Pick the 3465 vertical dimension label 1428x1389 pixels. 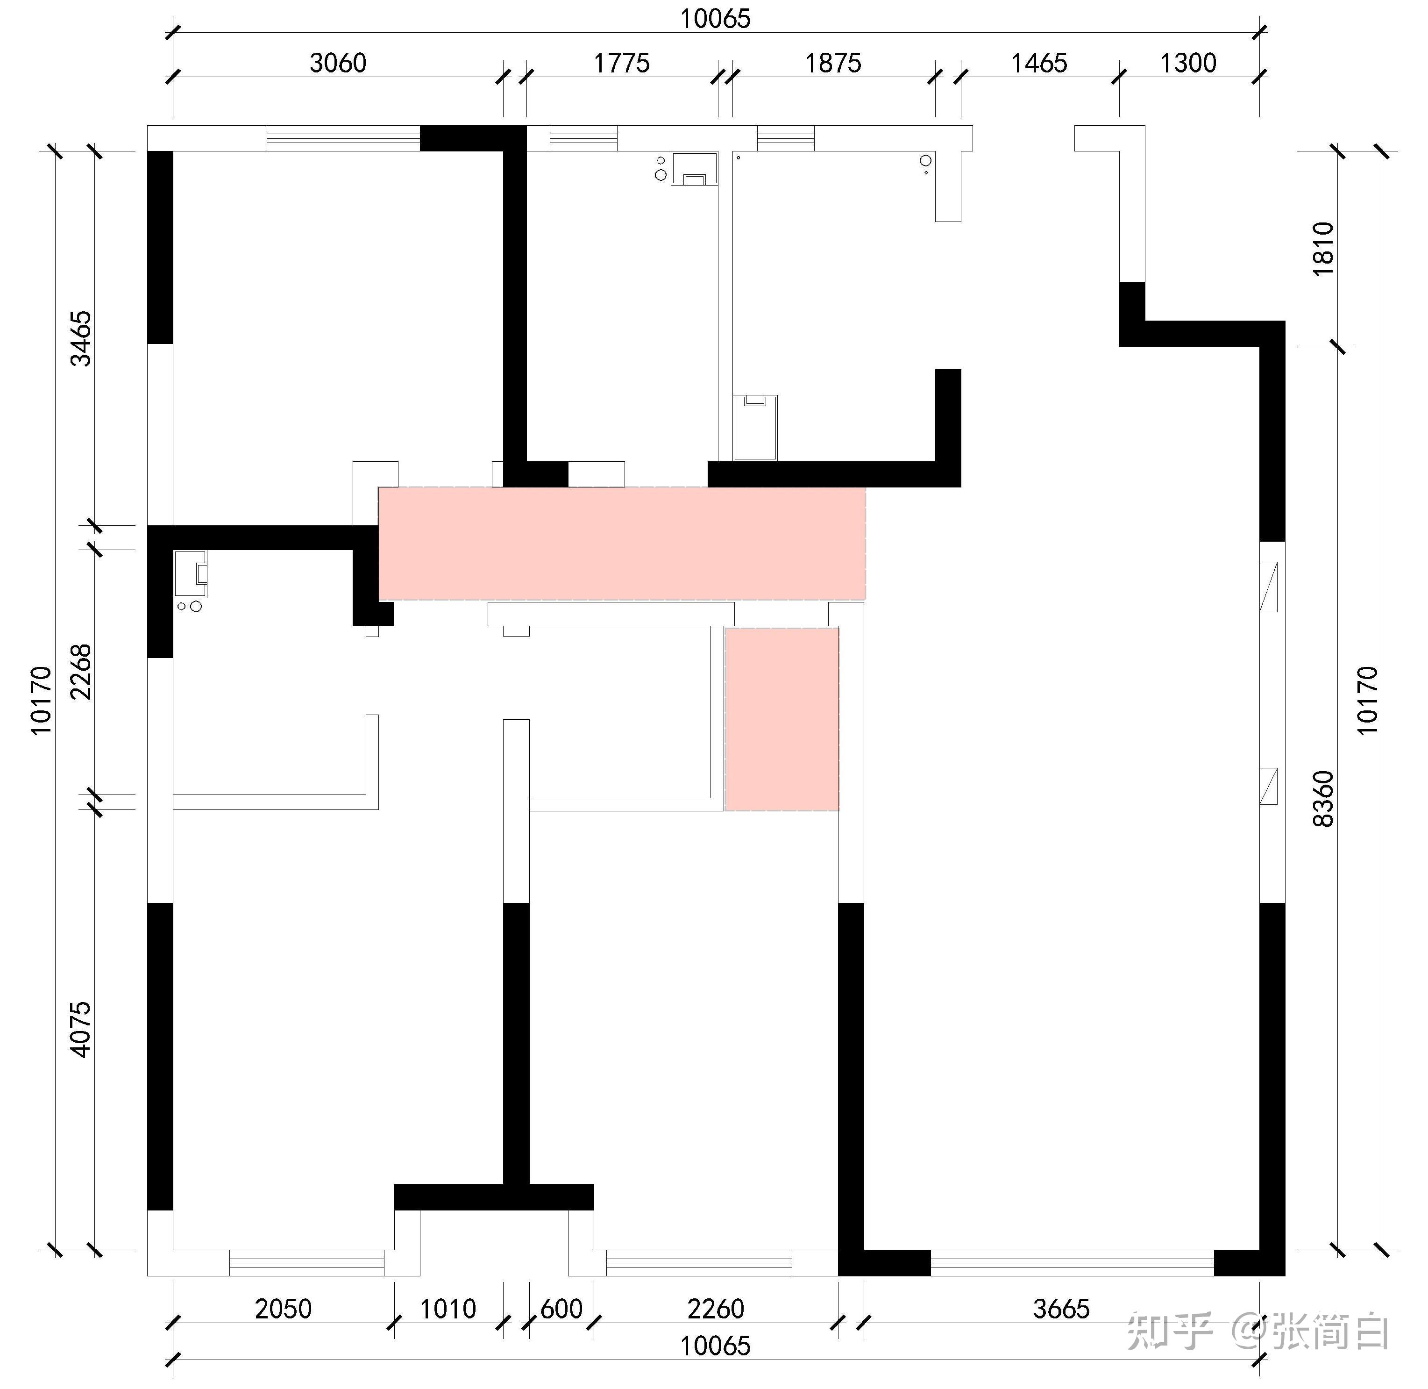point(80,338)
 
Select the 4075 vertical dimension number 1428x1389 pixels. point(80,1029)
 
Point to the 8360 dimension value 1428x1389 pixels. point(1323,799)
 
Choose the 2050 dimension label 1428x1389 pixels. point(283,1309)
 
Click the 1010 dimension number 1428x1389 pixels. point(448,1309)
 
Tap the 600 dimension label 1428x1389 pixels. point(561,1309)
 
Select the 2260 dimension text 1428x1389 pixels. point(716,1309)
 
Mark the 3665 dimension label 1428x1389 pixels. point(1061,1309)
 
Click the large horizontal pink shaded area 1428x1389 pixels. point(621,544)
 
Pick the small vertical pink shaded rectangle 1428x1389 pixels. point(781,719)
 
